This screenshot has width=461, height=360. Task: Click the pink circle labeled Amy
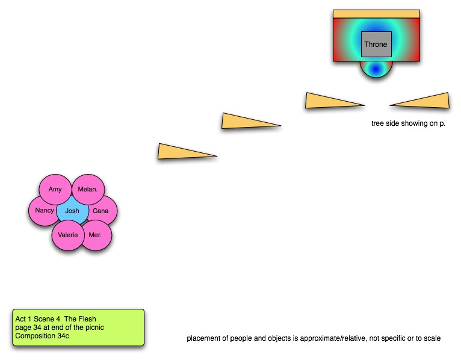tap(55, 190)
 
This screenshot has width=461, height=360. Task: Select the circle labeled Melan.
tap(88, 190)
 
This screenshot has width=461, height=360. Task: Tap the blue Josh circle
tap(72, 211)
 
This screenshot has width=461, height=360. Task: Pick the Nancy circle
tap(44, 211)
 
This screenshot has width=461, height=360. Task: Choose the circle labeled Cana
tap(101, 211)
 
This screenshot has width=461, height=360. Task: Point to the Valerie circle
tap(68, 235)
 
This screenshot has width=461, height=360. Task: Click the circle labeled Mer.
tap(96, 235)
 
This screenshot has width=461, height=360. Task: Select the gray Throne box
tap(376, 44)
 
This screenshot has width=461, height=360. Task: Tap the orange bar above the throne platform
tap(376, 14)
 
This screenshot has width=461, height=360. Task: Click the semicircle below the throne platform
tap(376, 69)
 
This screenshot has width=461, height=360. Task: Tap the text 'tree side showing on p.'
tap(409, 123)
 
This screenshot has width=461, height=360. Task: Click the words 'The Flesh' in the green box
tap(80, 319)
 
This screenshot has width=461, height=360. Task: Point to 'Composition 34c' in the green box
tap(42, 336)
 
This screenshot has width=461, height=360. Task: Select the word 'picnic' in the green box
tap(94, 327)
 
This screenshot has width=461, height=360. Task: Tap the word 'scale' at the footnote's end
tap(432, 338)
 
